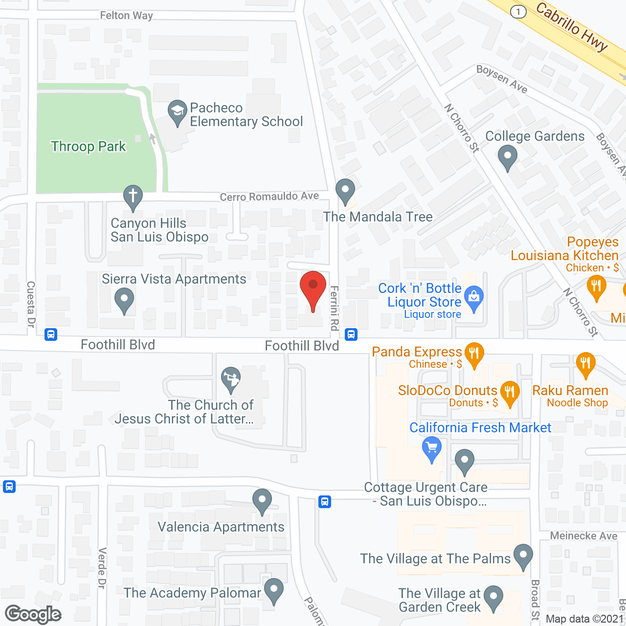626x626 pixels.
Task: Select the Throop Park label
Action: (89, 146)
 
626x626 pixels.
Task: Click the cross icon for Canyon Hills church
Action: (133, 197)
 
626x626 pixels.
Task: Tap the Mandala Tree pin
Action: (345, 190)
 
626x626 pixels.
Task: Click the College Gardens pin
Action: (507, 157)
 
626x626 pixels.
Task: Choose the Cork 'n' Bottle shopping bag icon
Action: (473, 297)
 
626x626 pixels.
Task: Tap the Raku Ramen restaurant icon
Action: (585, 363)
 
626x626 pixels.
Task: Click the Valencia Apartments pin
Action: (262, 500)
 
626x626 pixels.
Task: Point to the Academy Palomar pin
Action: (273, 589)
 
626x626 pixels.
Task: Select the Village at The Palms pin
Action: (523, 556)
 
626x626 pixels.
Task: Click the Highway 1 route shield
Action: (518, 12)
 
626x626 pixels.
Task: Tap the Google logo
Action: (33, 614)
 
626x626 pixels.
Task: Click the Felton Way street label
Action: (126, 16)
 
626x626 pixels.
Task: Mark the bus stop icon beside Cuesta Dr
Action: (51, 335)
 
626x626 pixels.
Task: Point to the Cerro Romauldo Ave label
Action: (269, 197)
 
